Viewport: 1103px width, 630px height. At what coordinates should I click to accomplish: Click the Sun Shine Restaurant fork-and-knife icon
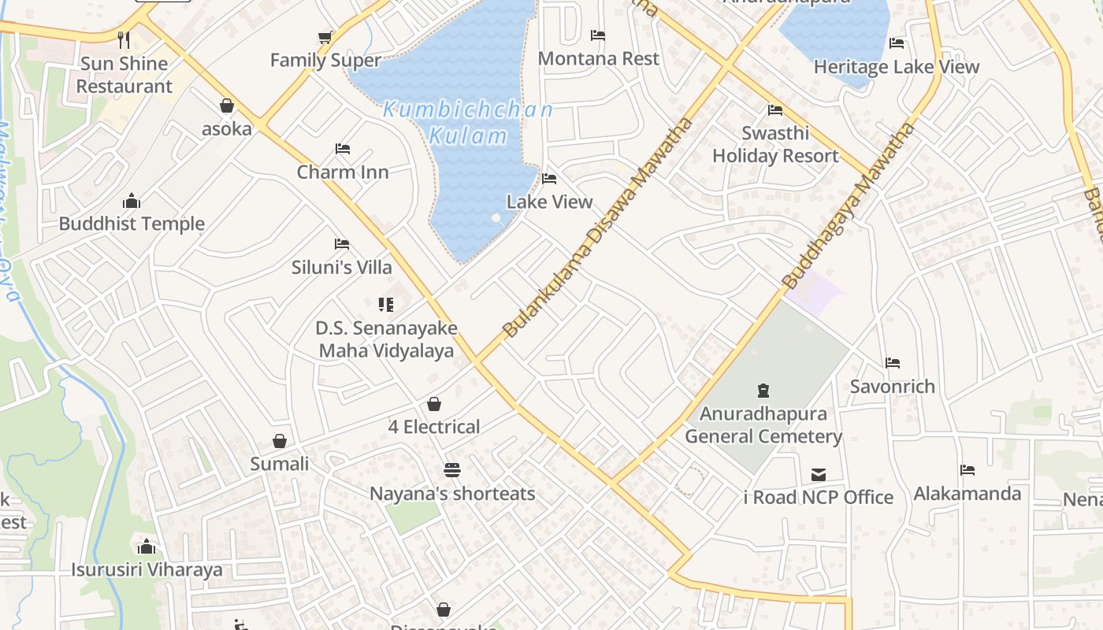click(x=124, y=39)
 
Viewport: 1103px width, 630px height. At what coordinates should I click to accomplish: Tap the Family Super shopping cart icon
click(x=325, y=37)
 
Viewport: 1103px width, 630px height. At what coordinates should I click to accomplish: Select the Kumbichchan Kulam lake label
click(x=468, y=122)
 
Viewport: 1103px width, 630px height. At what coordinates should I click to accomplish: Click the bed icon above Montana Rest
click(x=598, y=35)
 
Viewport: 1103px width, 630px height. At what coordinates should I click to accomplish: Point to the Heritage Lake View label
click(x=896, y=67)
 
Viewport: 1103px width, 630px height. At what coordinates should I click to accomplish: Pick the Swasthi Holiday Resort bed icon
click(x=775, y=110)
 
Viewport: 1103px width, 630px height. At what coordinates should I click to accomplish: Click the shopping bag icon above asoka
click(x=227, y=106)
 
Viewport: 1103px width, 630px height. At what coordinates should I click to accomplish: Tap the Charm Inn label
click(x=343, y=172)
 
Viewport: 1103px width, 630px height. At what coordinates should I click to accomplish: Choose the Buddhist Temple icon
click(x=132, y=201)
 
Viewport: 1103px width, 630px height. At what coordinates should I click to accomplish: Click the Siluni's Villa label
click(x=342, y=267)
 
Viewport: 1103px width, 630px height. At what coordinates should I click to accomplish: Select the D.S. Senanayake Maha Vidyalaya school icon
click(x=386, y=304)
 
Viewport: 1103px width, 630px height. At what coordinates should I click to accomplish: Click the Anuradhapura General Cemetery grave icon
click(x=763, y=391)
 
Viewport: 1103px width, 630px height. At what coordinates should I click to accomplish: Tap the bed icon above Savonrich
click(x=893, y=363)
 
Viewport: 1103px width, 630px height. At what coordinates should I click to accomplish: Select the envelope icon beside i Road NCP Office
click(x=819, y=475)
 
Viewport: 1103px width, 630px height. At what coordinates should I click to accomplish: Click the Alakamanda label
click(x=967, y=494)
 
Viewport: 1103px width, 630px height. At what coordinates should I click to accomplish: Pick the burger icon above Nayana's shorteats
click(x=452, y=470)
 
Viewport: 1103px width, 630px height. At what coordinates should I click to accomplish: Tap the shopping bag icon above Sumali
click(x=280, y=441)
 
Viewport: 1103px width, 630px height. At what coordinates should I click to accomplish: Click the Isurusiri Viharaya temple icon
click(x=147, y=547)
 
